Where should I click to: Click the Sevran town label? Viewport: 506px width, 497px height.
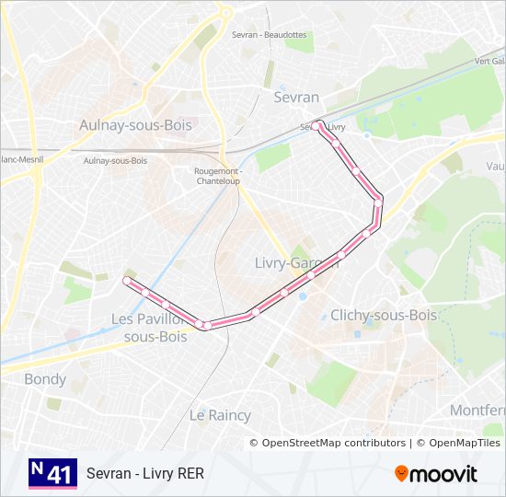coord(296,97)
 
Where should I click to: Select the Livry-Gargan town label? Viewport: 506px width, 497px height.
coord(296,262)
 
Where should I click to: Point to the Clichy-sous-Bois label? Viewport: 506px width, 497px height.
coord(383,315)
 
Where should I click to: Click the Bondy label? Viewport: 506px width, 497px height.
coord(45,379)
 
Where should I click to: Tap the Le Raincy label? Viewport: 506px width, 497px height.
coord(220,415)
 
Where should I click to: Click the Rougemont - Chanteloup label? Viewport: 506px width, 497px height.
coord(218,175)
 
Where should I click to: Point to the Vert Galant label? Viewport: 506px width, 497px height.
coord(489,61)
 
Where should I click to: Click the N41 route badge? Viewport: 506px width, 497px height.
coord(52,474)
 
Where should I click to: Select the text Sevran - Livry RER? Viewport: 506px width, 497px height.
coord(145,474)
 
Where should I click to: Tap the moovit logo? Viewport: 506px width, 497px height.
coord(436,474)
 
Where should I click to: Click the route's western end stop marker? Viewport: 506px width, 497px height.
coord(127,281)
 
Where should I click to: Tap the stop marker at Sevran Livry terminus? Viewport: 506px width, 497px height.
coord(316,125)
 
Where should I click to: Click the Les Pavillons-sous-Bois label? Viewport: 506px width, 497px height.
coord(150,328)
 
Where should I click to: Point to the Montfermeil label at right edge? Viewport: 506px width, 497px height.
coord(477,410)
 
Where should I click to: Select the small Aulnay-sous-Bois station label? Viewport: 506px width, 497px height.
coord(115,160)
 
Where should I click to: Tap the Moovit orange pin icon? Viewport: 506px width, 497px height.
coord(402,474)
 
